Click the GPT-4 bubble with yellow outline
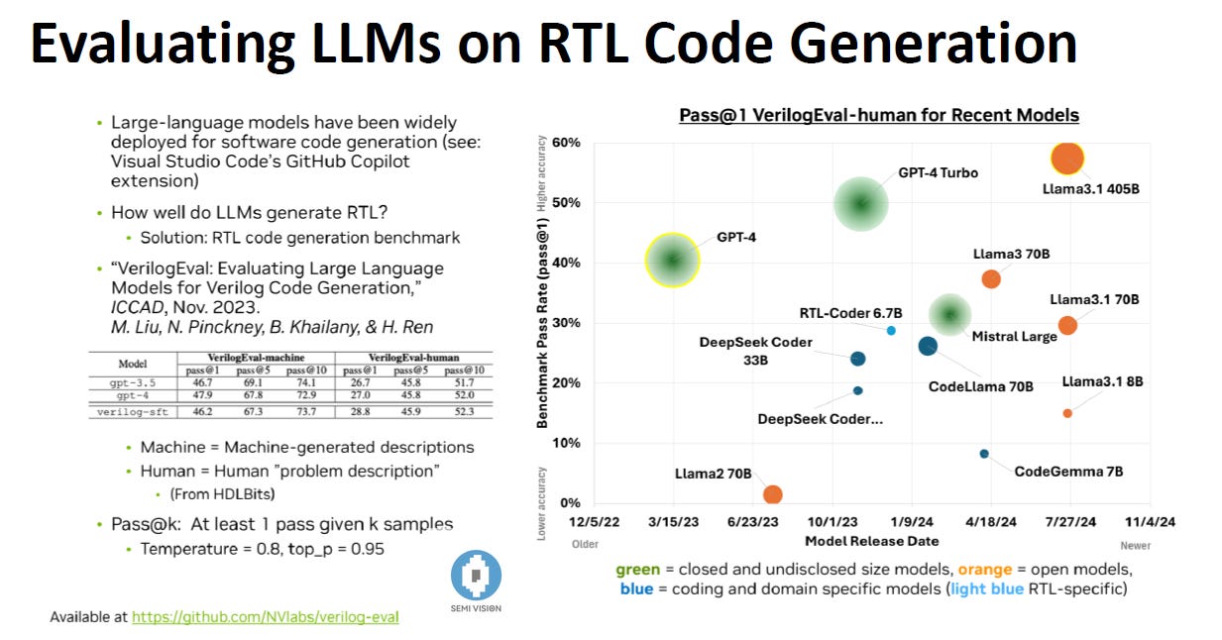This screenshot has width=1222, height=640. coord(673,261)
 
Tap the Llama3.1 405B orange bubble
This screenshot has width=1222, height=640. coord(1066,159)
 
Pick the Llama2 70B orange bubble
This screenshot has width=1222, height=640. coord(773,494)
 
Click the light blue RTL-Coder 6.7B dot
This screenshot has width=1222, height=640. coord(891,330)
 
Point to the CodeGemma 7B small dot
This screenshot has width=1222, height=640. coord(984,454)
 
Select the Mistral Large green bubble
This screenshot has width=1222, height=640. coord(949,314)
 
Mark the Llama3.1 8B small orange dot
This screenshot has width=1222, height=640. coord(1067,413)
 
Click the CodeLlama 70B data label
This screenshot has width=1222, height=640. coord(980,386)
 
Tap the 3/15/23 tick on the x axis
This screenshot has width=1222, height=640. coord(673,521)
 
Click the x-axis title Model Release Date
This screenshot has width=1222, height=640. coord(871,541)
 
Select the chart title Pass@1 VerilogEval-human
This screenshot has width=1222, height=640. coord(878,116)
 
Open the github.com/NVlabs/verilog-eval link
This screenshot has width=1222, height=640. coord(265,616)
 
